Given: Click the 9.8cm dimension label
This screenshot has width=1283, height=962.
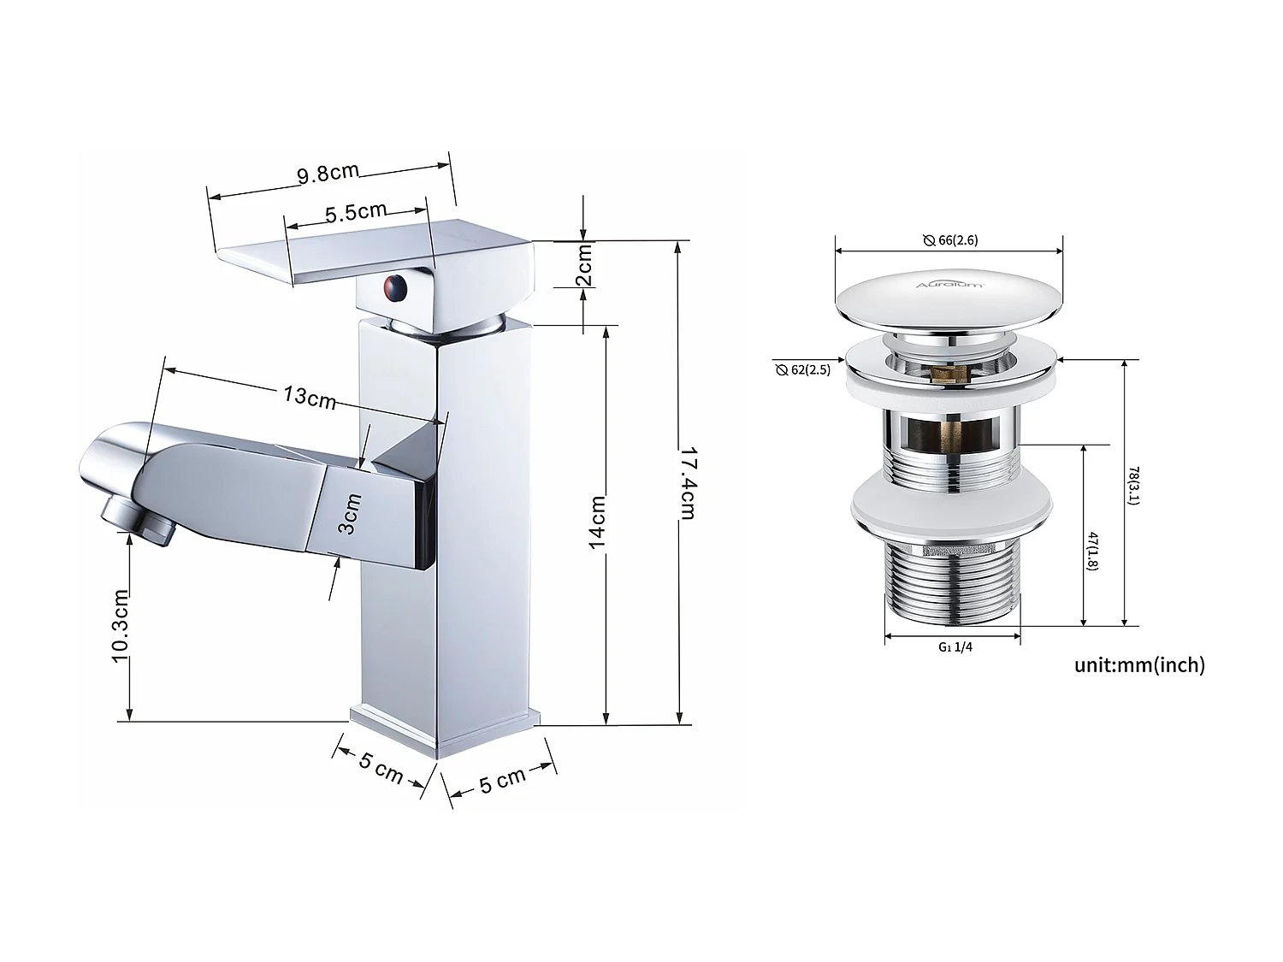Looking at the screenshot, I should point(328,173).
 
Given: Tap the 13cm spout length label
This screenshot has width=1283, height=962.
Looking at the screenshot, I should point(309,397).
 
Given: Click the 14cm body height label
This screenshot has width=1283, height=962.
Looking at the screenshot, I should point(598,522).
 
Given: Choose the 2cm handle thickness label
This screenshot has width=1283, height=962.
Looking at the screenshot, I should point(584,265).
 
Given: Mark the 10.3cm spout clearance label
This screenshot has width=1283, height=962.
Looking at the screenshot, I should point(120,624).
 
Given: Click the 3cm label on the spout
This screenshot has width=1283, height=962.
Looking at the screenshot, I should point(350,514).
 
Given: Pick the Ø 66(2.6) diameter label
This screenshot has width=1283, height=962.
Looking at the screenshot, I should point(950,240).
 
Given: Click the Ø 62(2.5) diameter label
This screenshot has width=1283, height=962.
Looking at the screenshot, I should point(803,370).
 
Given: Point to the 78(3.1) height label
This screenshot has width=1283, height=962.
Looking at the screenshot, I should point(1132,485).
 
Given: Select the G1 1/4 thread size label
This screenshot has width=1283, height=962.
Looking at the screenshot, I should point(955,647).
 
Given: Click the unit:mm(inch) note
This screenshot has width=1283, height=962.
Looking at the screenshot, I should point(1139,664).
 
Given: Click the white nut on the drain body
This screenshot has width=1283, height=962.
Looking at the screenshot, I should point(949,511).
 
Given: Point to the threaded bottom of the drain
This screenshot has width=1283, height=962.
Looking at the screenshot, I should point(951,586).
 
